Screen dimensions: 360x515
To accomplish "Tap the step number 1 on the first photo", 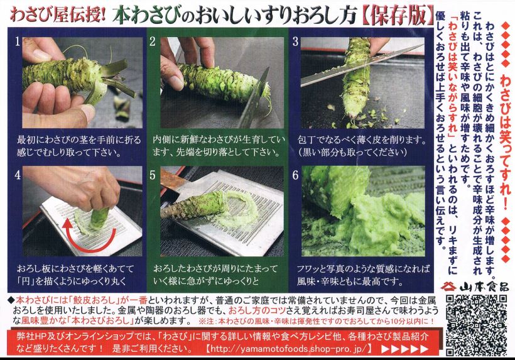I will (18, 43).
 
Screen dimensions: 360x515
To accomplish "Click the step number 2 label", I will (153, 43).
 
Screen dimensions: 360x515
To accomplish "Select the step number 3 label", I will (295, 43).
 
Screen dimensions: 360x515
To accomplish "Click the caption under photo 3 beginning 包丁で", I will (358, 146).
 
